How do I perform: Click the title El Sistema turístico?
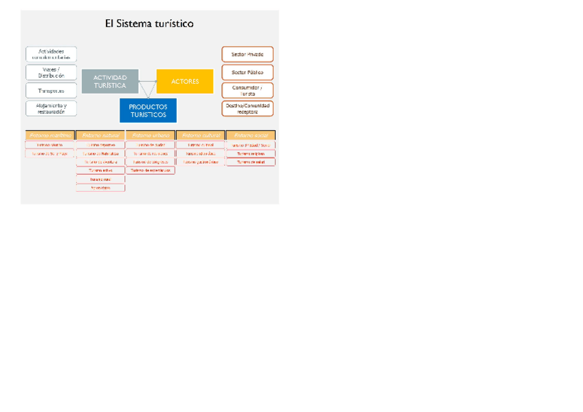(x=149, y=24)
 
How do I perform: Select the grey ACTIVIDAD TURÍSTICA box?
(x=110, y=82)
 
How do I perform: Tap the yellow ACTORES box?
(x=185, y=81)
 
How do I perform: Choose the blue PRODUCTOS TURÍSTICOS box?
(x=148, y=111)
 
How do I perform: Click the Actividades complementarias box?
(x=51, y=54)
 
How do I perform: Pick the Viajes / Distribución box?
(x=51, y=72)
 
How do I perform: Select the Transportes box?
(x=51, y=91)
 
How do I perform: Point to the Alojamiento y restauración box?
(x=51, y=109)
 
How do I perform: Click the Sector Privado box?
(x=247, y=54)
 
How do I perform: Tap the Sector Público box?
(x=247, y=72)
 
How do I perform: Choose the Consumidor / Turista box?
(x=247, y=90)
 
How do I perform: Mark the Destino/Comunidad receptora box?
(x=247, y=109)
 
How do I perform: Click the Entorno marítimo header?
(x=49, y=135)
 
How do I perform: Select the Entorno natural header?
(x=100, y=135)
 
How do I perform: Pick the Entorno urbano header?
(x=150, y=135)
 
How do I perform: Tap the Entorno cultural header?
(x=200, y=135)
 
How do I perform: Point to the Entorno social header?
(x=251, y=135)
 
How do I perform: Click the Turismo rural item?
(x=100, y=179)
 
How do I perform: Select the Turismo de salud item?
(x=251, y=162)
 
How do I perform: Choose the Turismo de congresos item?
(x=150, y=162)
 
